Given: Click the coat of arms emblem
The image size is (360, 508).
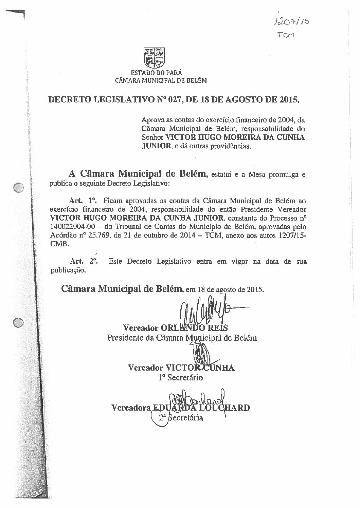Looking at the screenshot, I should tap(156, 58).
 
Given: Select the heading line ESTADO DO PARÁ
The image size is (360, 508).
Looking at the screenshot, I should tap(157, 73).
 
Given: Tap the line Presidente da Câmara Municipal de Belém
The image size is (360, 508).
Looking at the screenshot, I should tap(182, 338).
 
